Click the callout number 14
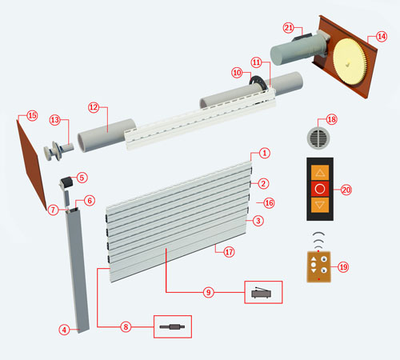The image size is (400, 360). (x=382, y=37)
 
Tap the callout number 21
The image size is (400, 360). (x=288, y=28)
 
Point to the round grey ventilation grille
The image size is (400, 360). (x=318, y=138)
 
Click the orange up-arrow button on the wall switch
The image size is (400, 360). (x=320, y=173)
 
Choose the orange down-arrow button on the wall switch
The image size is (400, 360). (x=320, y=205)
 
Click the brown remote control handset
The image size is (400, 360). (x=319, y=266)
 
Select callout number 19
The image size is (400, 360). (x=343, y=267)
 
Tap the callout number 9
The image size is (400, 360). (x=208, y=292)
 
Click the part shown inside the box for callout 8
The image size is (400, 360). (x=172, y=326)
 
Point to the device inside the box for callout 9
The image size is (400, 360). (x=262, y=293)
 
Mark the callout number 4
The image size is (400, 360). (x=64, y=330)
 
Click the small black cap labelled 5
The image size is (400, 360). (x=66, y=182)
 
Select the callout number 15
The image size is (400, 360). (x=32, y=116)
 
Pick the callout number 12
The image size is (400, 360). (x=94, y=107)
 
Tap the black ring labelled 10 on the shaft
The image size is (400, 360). (x=258, y=82)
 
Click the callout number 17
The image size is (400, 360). (x=229, y=252)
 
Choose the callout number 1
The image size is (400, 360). (x=265, y=153)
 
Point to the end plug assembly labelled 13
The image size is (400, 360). (x=58, y=151)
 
